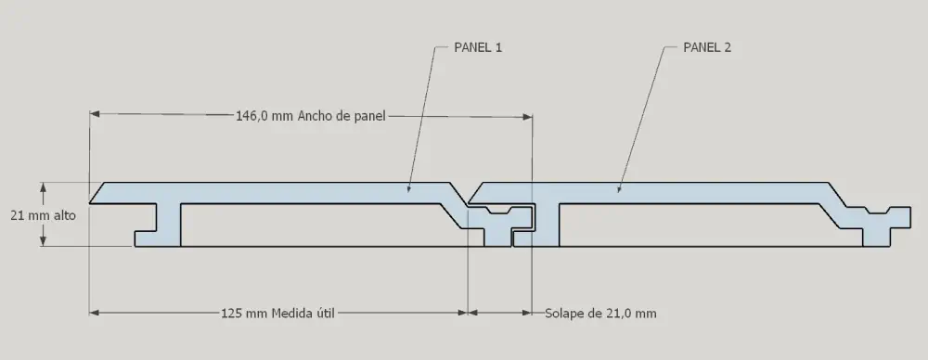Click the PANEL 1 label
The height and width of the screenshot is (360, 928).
click(x=477, y=46)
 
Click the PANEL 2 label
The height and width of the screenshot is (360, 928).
click(x=707, y=46)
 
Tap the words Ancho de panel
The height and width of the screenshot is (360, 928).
click(x=342, y=116)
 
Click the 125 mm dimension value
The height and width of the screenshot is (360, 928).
click(x=244, y=313)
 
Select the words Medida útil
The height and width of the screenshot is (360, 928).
click(x=303, y=313)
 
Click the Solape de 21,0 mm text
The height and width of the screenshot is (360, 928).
click(x=600, y=314)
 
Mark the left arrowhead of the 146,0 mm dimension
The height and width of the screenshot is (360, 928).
click(x=94, y=115)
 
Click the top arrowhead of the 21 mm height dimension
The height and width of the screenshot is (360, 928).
click(x=44, y=186)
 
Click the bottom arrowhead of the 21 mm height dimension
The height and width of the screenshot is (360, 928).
click(x=44, y=241)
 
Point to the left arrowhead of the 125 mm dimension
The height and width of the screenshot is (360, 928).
click(x=94, y=313)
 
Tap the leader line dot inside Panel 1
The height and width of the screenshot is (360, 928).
click(x=407, y=190)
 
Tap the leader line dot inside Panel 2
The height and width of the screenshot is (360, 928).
click(x=619, y=190)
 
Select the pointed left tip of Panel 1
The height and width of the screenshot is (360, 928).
click(x=92, y=199)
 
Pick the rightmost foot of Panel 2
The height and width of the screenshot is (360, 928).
click(x=875, y=235)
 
